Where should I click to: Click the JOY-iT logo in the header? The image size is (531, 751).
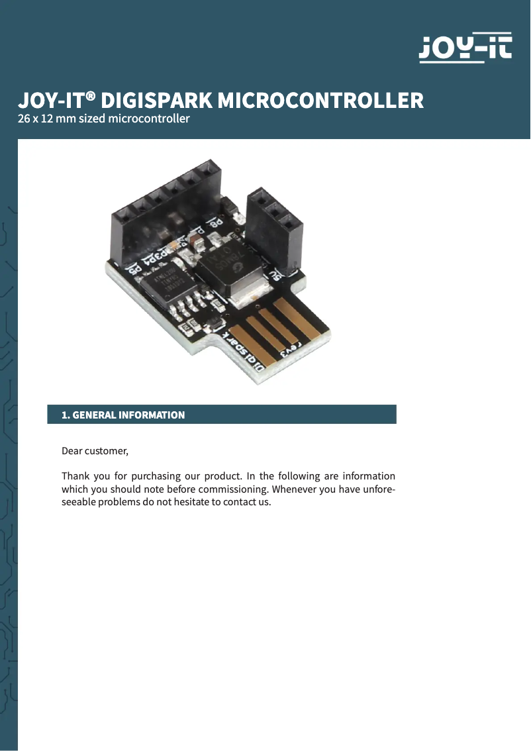(465, 47)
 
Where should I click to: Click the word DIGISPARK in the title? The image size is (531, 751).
(156, 101)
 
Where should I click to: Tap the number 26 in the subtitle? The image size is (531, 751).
(24, 119)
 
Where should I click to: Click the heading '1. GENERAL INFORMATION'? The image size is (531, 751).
(123, 415)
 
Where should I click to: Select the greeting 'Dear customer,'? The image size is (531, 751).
(95, 451)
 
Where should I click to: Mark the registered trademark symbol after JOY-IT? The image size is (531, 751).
(91, 96)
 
